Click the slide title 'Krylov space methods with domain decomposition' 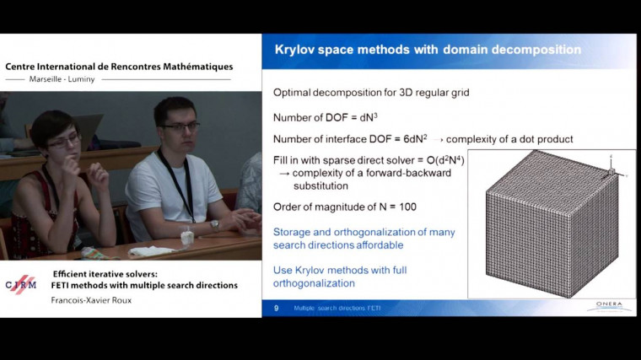[428, 50]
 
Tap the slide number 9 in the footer [276, 309]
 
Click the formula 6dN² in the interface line [413, 138]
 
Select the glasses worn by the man [180, 127]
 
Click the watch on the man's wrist [215, 225]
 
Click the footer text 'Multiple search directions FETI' [337, 309]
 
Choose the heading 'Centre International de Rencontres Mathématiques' [119, 67]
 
